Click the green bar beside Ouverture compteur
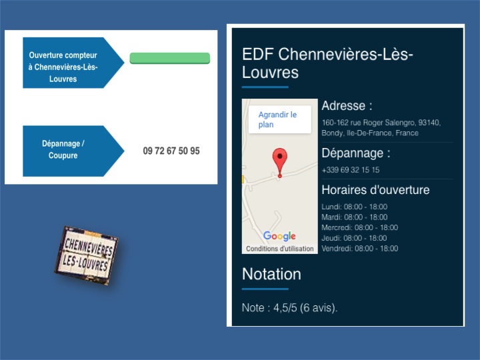point(170,58)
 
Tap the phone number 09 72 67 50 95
point(171,151)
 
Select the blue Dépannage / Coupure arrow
point(73,151)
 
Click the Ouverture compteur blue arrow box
point(73,63)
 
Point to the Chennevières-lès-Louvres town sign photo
point(86,255)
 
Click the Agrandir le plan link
point(277,119)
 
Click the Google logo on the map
point(279,236)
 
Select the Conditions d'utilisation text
point(280,249)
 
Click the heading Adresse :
point(347,105)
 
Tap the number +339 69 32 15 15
point(351,170)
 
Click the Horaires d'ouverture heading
point(375,190)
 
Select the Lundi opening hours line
point(355,207)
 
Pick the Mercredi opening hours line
point(360,227)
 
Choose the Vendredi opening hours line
point(360,248)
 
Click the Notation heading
point(271,274)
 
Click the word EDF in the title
point(258,55)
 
